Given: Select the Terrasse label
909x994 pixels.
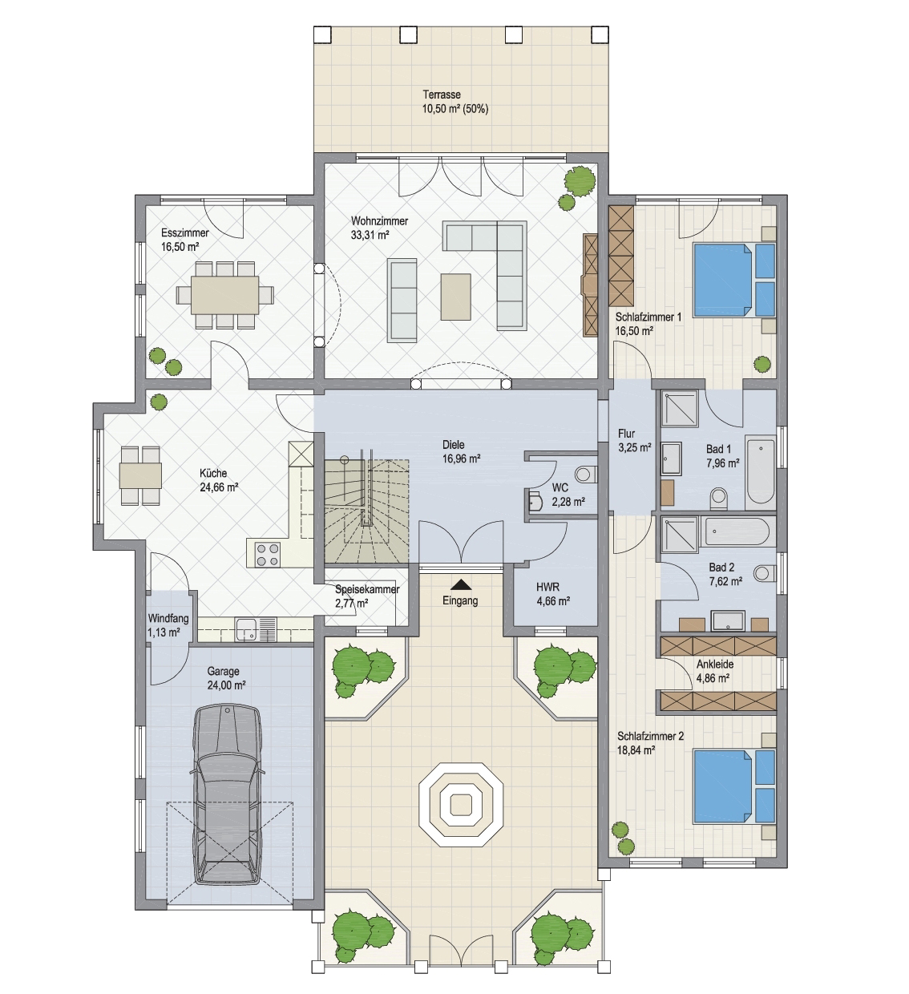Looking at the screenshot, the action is [x=442, y=94].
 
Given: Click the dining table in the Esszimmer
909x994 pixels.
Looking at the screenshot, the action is [x=225, y=295].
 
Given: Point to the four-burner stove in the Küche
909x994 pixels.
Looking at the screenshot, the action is [x=267, y=555].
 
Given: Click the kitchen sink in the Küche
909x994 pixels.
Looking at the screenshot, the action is [x=247, y=629].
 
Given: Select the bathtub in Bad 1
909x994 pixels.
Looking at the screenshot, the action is [x=761, y=471].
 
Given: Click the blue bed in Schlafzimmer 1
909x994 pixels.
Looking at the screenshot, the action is [x=733, y=279].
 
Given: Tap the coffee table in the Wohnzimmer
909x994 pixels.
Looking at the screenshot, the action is [x=455, y=297].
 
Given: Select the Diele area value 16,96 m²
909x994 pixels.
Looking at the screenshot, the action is [x=461, y=459].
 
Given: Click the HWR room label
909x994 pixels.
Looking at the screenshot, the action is [x=547, y=588].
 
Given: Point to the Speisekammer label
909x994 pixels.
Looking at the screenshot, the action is [x=367, y=589].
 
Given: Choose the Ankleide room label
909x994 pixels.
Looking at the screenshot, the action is [x=715, y=664].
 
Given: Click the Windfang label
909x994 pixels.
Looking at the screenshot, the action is [x=168, y=618].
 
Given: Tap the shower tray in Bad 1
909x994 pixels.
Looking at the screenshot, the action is [x=680, y=408].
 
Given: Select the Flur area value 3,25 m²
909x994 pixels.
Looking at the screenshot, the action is [x=634, y=448].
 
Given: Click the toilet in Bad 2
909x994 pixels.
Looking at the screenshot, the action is [x=764, y=573].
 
